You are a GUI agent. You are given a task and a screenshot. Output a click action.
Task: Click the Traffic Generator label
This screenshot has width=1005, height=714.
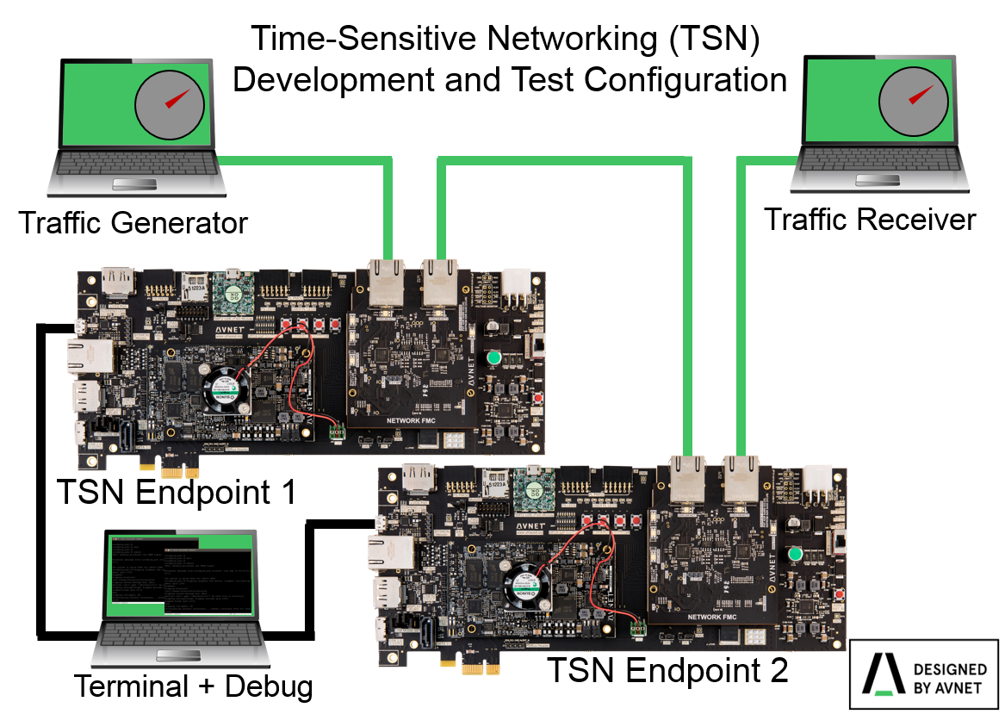[133, 223]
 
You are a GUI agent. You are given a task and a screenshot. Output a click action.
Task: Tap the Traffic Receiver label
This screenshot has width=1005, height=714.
[870, 220]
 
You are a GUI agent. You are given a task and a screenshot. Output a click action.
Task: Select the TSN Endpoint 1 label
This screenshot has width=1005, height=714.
[177, 493]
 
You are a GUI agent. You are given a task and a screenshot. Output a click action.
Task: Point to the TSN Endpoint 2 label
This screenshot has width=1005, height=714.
[667, 669]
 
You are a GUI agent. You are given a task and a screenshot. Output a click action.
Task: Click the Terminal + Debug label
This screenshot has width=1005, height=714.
[193, 686]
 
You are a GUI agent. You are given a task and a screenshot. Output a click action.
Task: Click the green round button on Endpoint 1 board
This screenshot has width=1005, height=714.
[494, 357]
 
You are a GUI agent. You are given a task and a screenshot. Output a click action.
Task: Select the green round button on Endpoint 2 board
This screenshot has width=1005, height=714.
[795, 554]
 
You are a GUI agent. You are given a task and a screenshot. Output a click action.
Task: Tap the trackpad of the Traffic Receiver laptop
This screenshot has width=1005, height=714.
[878, 179]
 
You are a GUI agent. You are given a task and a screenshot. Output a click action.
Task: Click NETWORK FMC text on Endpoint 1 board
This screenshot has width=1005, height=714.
[410, 421]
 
